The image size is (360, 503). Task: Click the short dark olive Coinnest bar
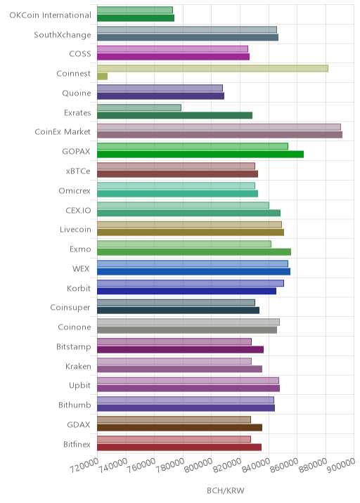(103, 77)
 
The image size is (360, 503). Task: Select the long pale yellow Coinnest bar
(212, 68)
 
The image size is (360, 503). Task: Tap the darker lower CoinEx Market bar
(219, 135)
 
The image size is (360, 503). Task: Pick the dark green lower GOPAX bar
(200, 155)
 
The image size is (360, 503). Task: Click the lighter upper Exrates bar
(139, 107)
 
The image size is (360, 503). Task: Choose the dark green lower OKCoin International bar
(136, 18)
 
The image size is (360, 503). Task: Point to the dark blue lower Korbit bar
(186, 291)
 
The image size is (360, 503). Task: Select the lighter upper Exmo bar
(184, 244)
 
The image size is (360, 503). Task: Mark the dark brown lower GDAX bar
(179, 427)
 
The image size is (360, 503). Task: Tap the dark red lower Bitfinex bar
(179, 447)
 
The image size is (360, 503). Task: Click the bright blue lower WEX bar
(193, 271)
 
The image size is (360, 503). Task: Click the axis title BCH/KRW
(226, 490)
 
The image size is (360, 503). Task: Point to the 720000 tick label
(84, 465)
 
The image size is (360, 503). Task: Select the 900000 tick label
(342, 465)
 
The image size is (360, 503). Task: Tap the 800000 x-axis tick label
(198, 465)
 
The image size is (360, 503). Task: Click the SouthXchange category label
(63, 34)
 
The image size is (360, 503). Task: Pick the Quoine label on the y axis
(77, 93)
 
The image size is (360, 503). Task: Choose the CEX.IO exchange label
(78, 211)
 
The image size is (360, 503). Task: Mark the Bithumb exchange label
(75, 405)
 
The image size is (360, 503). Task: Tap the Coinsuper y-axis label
(70, 307)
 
